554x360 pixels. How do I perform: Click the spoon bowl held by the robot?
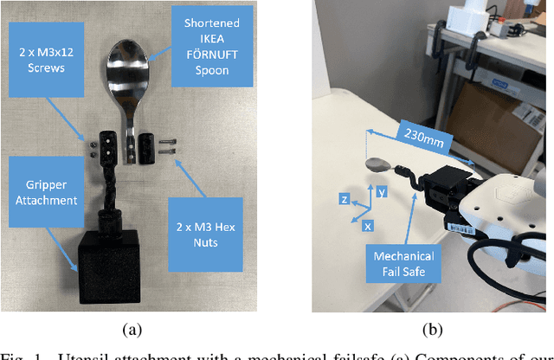tap(378, 164)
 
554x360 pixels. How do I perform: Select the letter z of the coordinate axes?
tap(345, 200)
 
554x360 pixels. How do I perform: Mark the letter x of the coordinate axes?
tap(368, 225)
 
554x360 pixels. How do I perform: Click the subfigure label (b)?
tap(431, 329)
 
